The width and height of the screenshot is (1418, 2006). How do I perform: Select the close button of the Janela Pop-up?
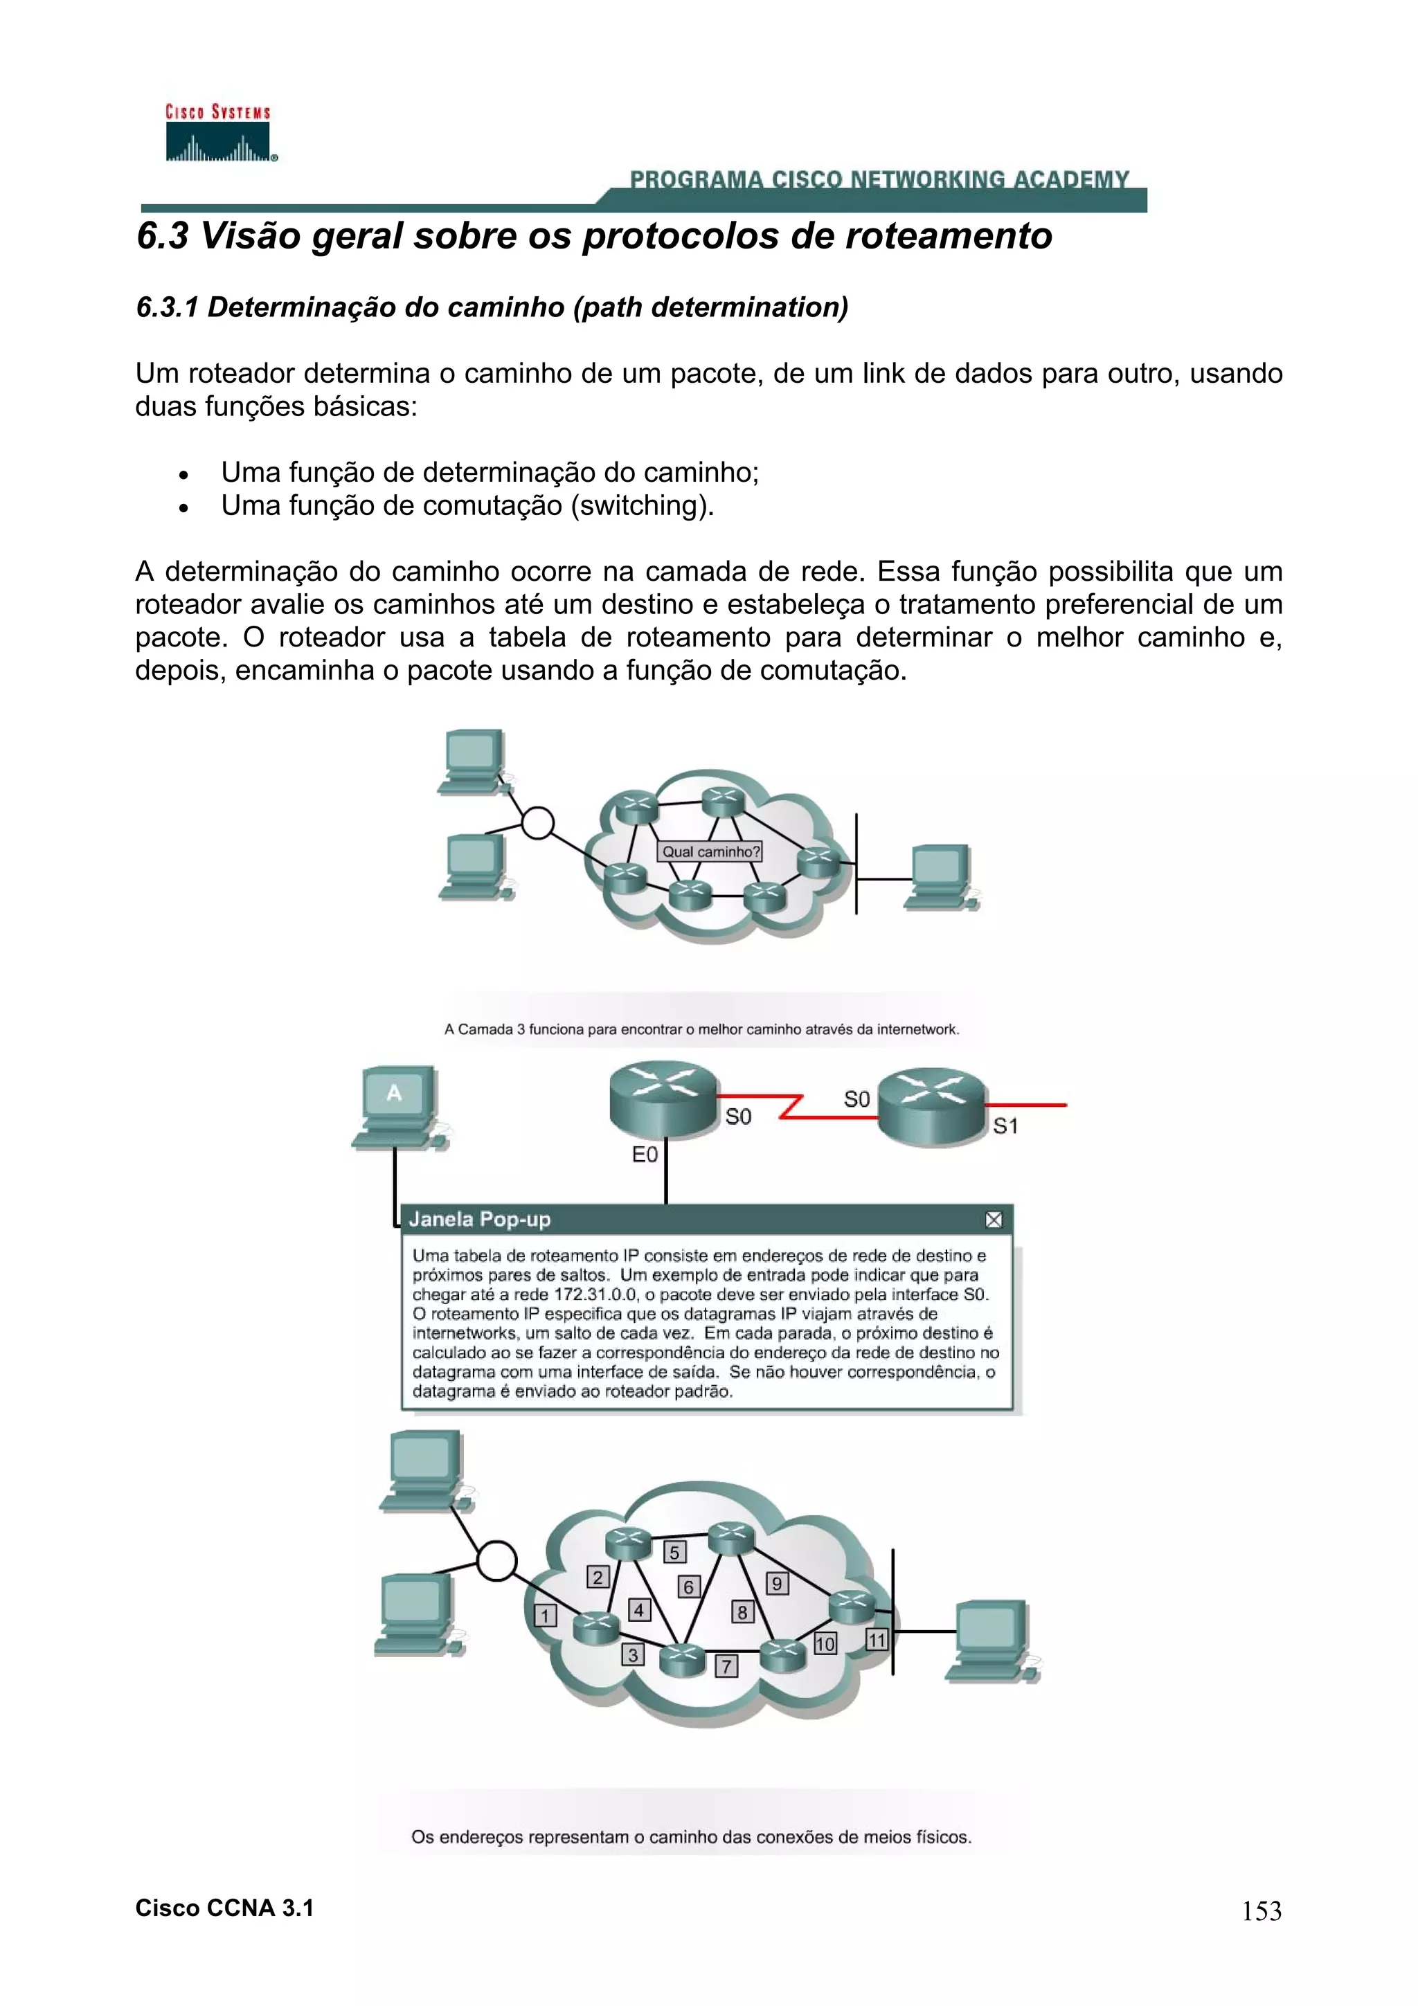(x=994, y=1220)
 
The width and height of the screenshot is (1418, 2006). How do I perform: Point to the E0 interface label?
(x=645, y=1155)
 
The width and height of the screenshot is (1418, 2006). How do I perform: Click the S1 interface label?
(x=1005, y=1126)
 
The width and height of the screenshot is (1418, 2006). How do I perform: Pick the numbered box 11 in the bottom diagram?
(x=877, y=1640)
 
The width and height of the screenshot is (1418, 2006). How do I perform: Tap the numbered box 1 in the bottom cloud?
(x=545, y=1616)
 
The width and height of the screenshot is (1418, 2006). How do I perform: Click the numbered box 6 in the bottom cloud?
(x=688, y=1587)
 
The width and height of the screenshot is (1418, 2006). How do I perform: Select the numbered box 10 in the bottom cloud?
(x=825, y=1643)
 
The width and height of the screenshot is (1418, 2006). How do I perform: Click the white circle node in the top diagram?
(x=537, y=822)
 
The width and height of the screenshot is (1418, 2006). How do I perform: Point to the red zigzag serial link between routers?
(x=791, y=1107)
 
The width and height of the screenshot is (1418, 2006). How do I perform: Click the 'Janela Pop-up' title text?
(x=480, y=1220)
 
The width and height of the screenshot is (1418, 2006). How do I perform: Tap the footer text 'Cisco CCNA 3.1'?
(x=224, y=1908)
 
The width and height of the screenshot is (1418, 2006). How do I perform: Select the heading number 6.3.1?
(x=168, y=307)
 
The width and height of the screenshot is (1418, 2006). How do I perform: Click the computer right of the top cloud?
(x=940, y=876)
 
